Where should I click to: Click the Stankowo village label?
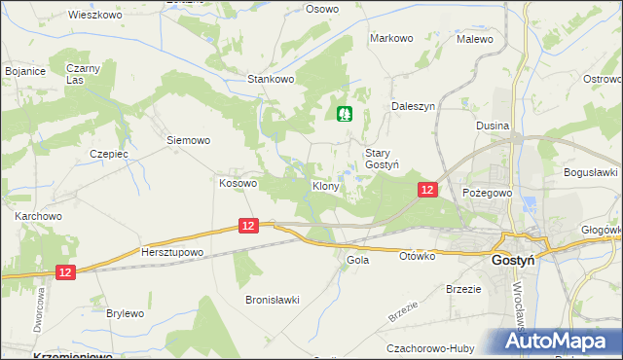(x=271, y=79)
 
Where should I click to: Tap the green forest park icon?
(x=345, y=115)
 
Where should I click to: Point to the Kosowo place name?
(x=238, y=182)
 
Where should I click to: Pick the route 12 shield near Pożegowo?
(x=426, y=190)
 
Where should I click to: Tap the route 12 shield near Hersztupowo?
(x=248, y=226)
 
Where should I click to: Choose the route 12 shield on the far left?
(x=65, y=274)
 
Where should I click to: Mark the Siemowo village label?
(x=188, y=140)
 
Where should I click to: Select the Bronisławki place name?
(x=272, y=300)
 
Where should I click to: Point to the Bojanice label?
(x=26, y=71)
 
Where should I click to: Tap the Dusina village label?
(x=493, y=126)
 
